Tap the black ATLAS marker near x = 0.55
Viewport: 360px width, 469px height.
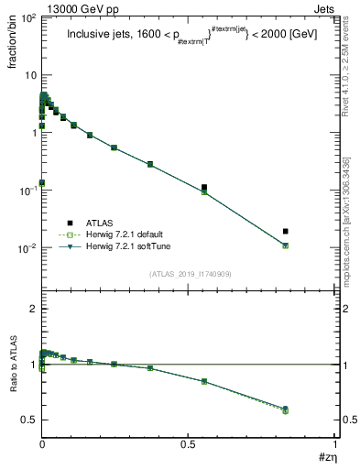tap(204, 188)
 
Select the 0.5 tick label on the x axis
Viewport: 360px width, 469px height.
tap(188, 443)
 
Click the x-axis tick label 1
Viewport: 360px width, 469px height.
tap(334, 443)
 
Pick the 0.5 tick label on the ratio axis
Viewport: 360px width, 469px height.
tap(28, 420)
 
